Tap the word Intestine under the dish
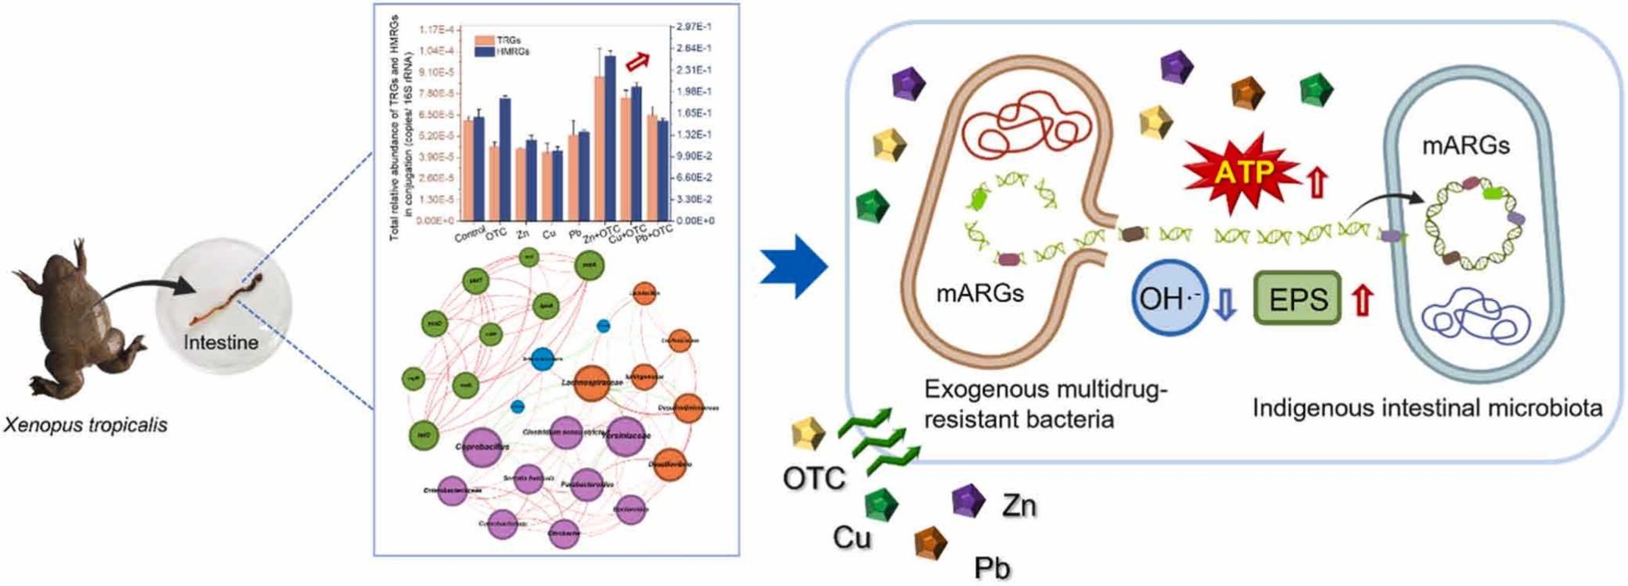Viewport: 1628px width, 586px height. [221, 343]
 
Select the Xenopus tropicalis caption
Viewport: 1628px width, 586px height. [85, 425]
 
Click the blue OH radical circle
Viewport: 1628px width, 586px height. [1169, 299]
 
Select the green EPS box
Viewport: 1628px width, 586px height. [1298, 299]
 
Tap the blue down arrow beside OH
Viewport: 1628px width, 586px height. [1225, 304]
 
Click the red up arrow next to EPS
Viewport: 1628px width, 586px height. [1362, 301]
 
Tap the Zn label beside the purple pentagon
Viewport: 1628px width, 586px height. [1019, 506]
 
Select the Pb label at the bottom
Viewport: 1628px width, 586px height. [992, 568]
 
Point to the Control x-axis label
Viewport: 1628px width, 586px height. [470, 235]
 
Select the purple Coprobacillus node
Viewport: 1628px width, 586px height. [482, 447]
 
